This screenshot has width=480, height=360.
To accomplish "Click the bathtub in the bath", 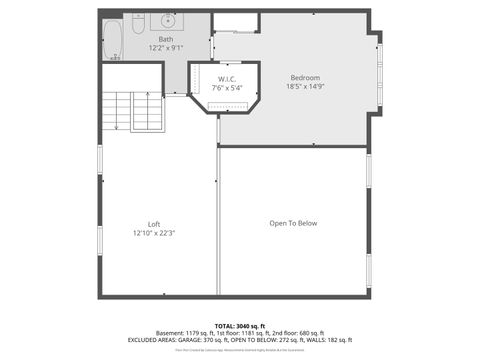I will point(112,37).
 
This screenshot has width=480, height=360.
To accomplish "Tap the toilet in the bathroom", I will point(143,20).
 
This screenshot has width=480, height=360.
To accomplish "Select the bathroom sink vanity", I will point(168,20).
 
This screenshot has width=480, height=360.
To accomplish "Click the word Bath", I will point(165,39).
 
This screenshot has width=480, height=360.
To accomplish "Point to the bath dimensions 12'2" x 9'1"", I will point(165,47).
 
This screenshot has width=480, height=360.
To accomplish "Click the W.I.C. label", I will point(228,79).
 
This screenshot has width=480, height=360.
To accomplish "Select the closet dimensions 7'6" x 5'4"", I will point(228,87).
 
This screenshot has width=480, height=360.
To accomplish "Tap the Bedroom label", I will point(305,77).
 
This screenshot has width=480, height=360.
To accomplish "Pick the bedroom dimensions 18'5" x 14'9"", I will point(305,86).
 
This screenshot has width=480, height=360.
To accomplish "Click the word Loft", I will point(154,224).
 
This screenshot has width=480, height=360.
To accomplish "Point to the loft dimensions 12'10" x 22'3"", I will point(154,232).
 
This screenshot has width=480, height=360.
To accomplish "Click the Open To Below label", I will point(293,223).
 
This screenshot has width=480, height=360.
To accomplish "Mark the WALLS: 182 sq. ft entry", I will point(329,341).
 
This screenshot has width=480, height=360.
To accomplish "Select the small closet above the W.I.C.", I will point(236,22).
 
